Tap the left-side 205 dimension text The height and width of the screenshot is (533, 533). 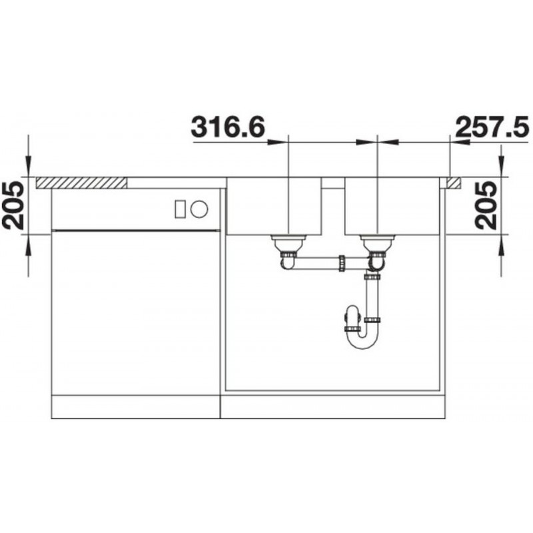coord(13,205)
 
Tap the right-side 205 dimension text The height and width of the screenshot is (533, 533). coord(486,205)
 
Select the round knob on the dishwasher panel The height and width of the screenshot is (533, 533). coord(199,209)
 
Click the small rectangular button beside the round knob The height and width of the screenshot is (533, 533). coord(180,209)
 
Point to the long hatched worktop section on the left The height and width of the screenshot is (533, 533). coord(81,183)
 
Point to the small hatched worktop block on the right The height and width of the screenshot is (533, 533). coord(454,183)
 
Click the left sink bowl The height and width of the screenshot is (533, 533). coord(274,206)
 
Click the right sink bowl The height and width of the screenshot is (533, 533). coord(390,206)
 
